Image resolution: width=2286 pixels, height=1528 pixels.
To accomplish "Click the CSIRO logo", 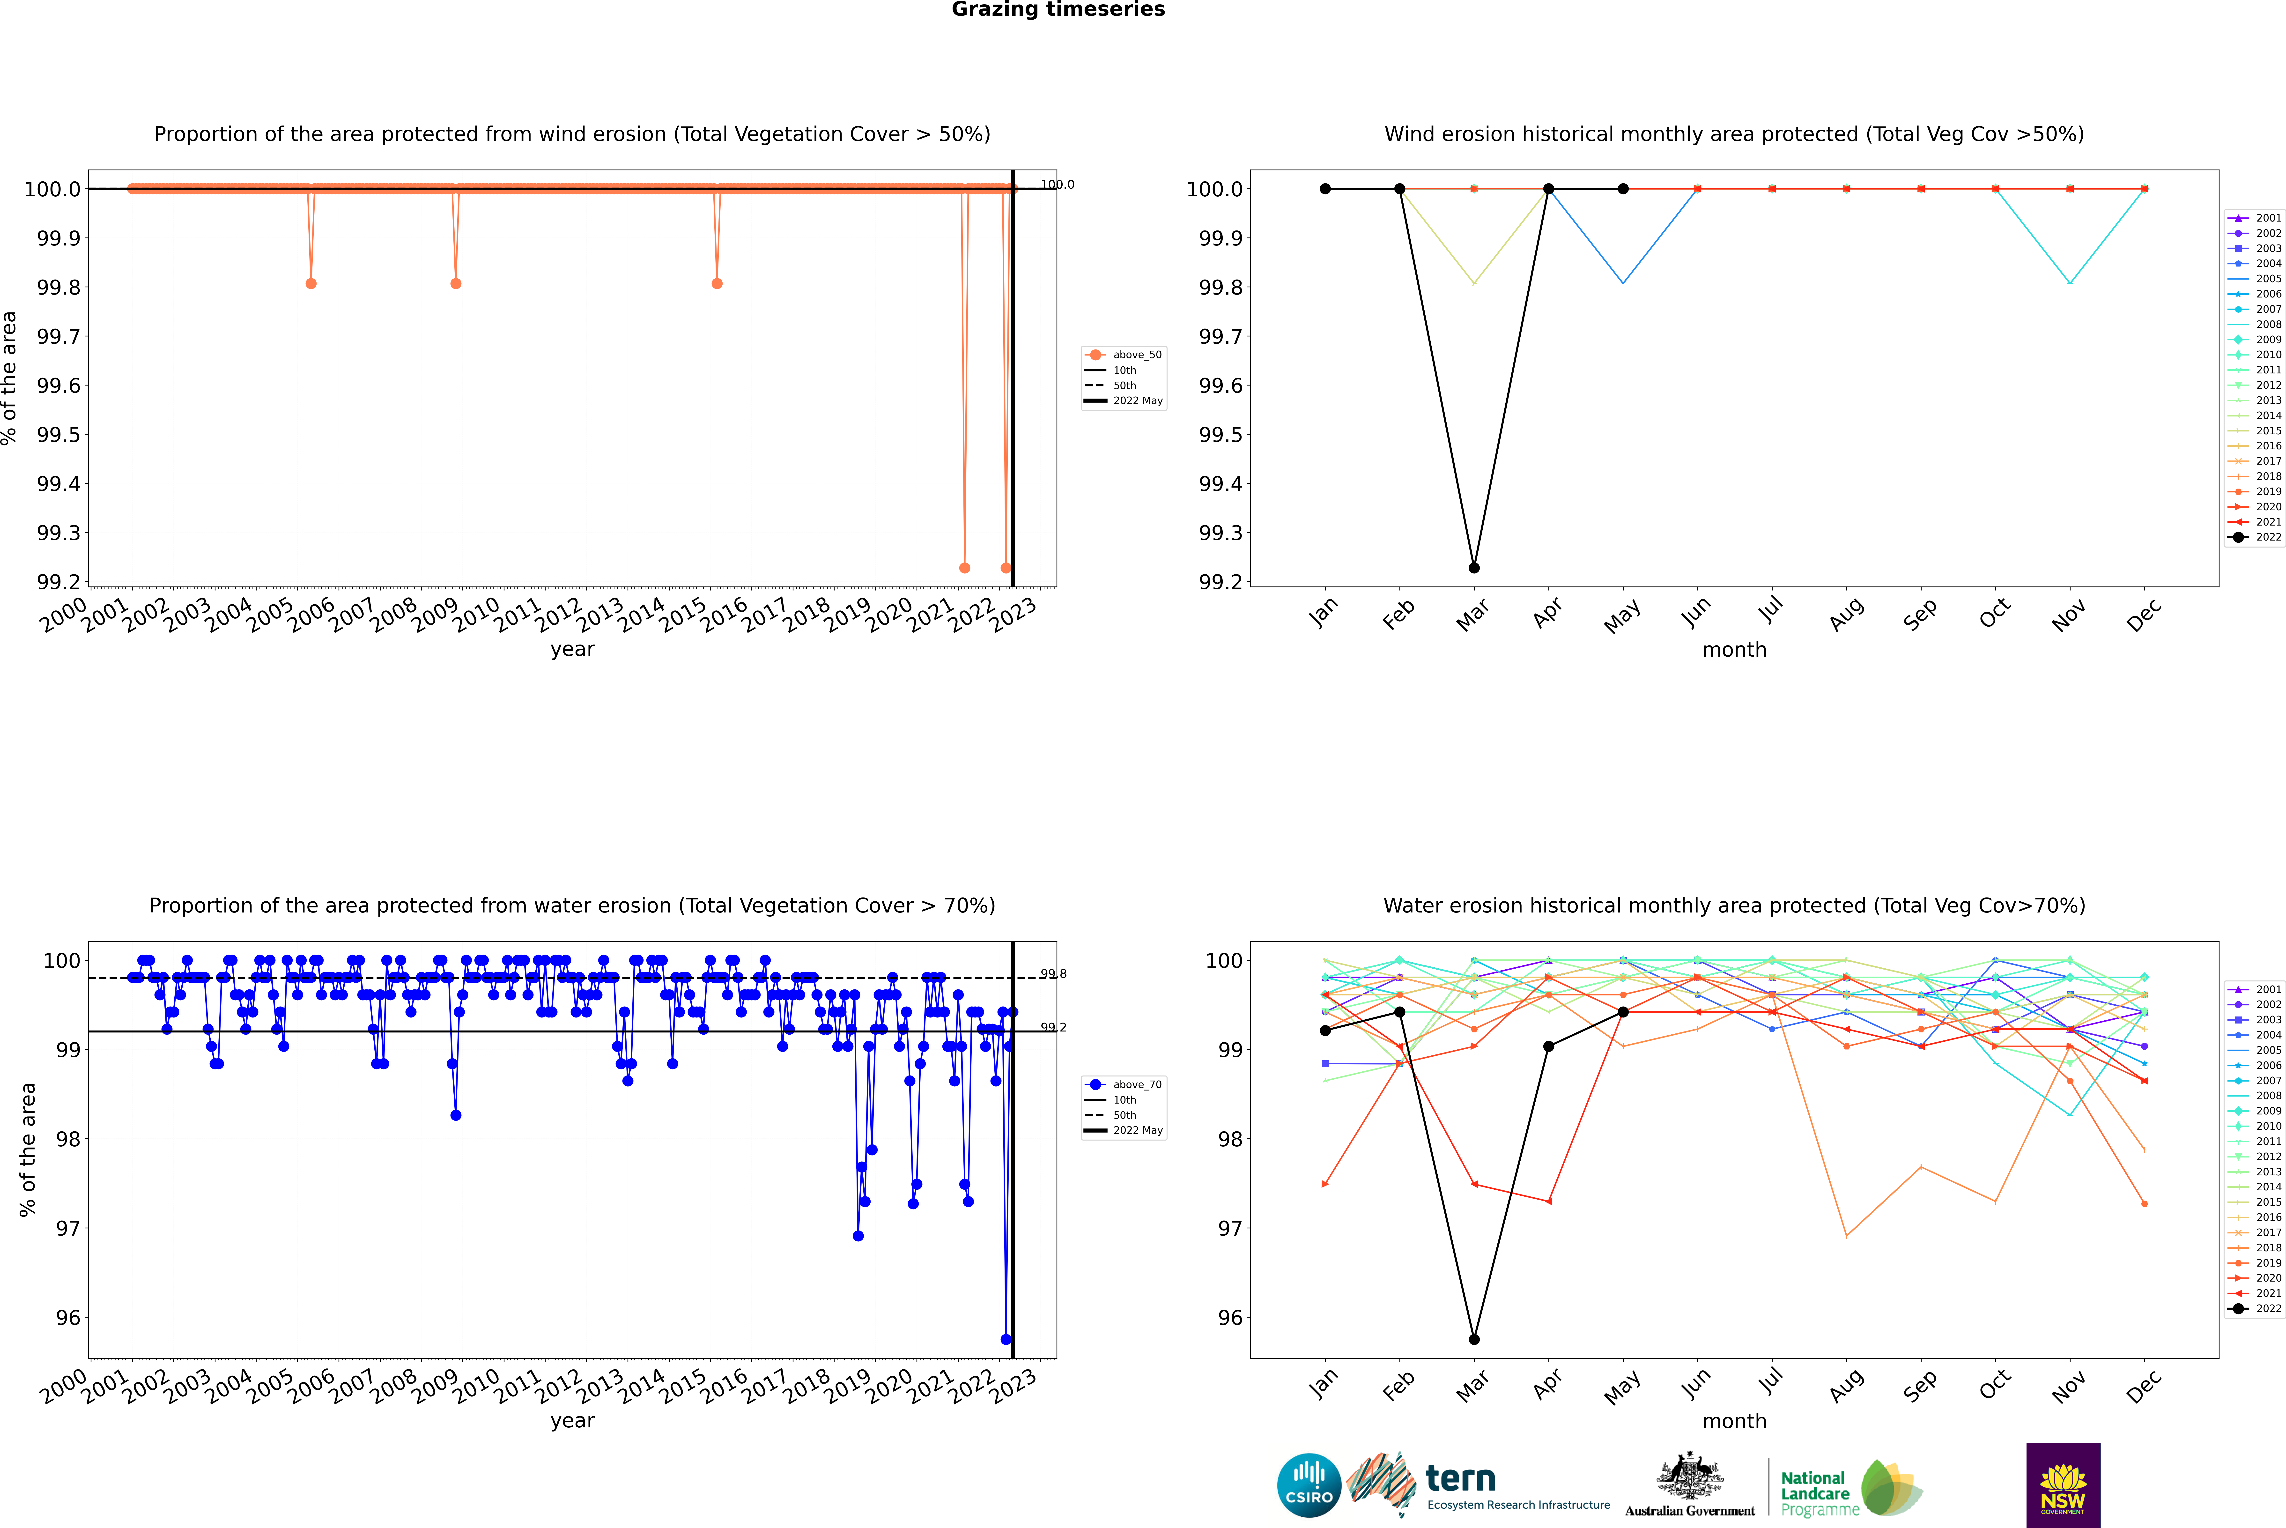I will click(1309, 1485).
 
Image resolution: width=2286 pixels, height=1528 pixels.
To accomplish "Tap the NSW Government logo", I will click(2063, 1485).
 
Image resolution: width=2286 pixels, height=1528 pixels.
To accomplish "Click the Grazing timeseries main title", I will click(1058, 10).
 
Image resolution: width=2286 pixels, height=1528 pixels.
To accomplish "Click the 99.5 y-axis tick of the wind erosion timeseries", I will click(59, 435).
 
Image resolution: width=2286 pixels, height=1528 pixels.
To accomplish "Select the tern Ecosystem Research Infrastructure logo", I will click(1481, 1485).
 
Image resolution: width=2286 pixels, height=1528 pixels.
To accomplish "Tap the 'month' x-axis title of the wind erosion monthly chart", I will click(1733, 650).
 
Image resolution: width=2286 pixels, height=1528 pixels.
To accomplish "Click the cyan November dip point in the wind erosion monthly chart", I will click(2070, 283).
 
